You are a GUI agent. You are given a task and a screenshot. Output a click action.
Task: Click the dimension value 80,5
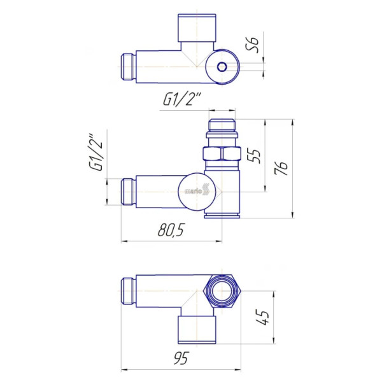pyautogui.click(x=171, y=230)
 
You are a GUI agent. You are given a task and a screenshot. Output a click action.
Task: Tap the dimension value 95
pyautogui.click(x=181, y=358)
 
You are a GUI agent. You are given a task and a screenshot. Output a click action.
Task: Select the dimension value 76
pyautogui.click(x=281, y=168)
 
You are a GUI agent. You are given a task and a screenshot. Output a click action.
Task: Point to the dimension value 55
pyautogui.click(x=253, y=155)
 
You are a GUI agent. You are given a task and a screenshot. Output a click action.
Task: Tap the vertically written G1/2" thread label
pyautogui.click(x=96, y=152)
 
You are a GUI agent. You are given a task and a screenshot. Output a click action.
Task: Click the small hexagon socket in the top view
pyautogui.click(x=222, y=66)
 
